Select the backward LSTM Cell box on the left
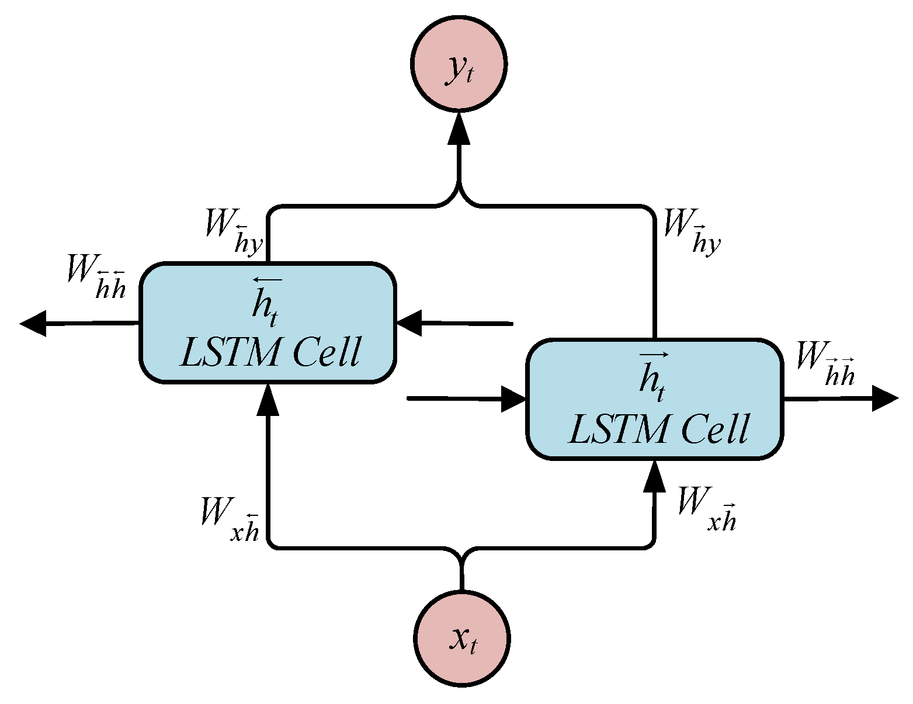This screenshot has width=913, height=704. coord(268,323)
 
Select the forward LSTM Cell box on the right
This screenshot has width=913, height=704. coord(655,400)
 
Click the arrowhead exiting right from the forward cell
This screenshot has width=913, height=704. coord(884,399)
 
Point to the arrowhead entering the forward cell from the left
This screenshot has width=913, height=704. coord(514,399)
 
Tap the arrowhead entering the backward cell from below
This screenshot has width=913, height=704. coord(268,399)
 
